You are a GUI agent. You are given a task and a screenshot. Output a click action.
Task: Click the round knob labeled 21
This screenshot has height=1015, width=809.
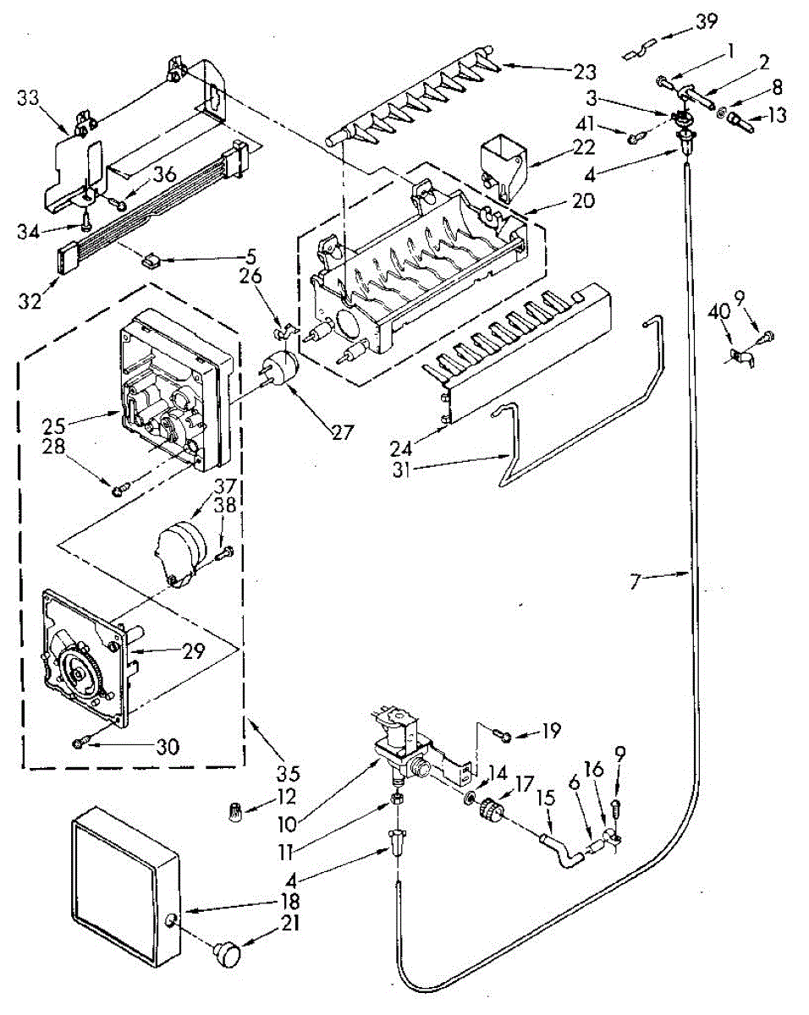coord(227,953)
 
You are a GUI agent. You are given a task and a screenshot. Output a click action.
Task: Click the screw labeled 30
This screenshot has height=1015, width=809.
coord(80,742)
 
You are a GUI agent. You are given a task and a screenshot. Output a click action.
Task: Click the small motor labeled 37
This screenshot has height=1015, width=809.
coord(182,551)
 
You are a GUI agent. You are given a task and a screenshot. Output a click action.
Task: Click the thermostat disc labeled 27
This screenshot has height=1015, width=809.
coord(282,370)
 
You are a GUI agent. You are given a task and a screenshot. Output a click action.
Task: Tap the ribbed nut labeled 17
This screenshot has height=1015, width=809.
coord(489,812)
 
